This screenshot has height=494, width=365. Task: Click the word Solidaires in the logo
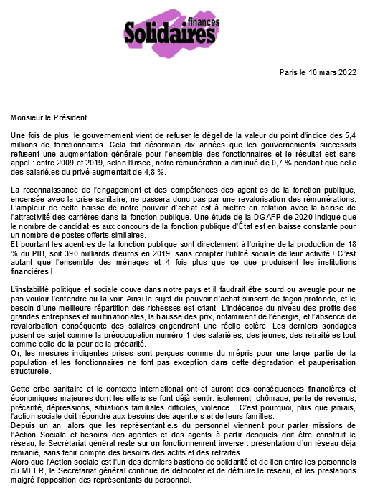click(169, 32)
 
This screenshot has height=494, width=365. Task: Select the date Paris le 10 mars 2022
click(317, 73)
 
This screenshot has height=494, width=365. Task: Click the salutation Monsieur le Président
click(49, 117)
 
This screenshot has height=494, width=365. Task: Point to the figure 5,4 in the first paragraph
click(346, 135)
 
